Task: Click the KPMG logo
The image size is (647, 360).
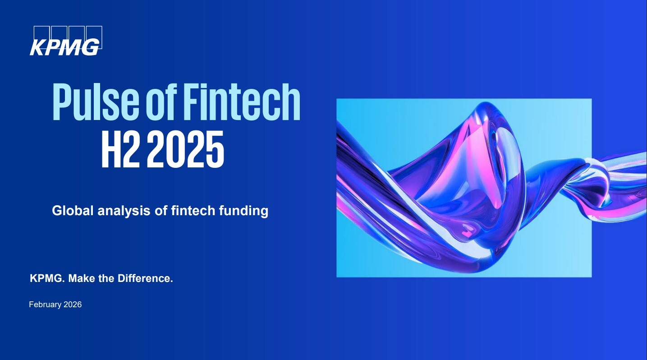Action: [66, 41]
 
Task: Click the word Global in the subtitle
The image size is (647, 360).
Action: [73, 210]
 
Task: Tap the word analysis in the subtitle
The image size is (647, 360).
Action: [124, 211]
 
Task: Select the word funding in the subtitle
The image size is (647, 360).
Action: [244, 211]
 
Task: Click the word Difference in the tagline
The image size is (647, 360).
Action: [145, 278]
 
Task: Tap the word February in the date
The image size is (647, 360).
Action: [46, 305]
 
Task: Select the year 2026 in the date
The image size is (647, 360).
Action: [73, 305]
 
